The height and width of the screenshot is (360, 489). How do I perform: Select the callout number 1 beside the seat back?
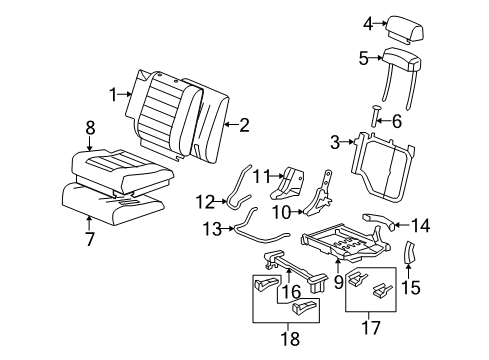(113, 95)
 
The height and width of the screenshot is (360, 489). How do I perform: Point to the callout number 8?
(90, 128)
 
